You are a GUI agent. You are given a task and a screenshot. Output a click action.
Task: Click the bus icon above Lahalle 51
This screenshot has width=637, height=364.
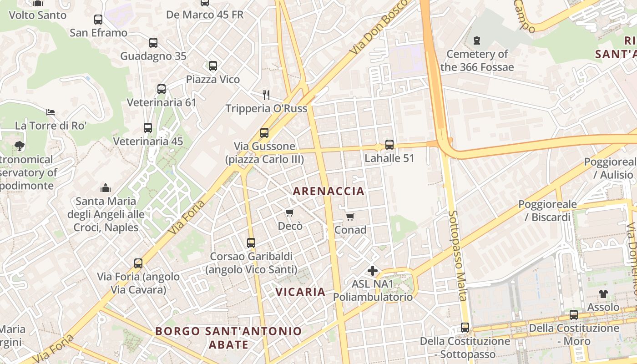point(389,145)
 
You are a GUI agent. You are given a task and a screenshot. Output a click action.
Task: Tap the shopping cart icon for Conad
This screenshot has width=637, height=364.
point(350,217)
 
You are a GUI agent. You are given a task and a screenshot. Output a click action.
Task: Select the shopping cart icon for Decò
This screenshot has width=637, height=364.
point(289,212)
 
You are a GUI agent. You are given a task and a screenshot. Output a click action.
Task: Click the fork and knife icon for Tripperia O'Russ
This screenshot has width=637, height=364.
point(266,95)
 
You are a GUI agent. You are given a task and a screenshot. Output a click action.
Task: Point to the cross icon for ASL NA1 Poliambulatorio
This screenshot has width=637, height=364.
point(373,271)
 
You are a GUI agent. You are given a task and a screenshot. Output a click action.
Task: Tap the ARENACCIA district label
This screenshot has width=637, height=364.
point(329,191)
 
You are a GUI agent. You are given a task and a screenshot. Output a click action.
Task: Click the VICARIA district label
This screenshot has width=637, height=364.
point(301,292)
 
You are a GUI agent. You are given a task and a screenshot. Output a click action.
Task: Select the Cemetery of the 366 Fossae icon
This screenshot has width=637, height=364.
point(477,40)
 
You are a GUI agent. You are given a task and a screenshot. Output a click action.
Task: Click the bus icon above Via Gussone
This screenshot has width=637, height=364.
point(264,133)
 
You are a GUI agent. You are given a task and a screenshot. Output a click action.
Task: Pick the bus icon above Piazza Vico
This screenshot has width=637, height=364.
point(213,66)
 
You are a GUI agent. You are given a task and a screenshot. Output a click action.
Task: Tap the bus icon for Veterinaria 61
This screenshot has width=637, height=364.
point(162,89)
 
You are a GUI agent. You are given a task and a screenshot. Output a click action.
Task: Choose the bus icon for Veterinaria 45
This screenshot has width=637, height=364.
point(148,128)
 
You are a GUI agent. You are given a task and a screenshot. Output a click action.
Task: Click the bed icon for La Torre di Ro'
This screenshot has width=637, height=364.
point(51,112)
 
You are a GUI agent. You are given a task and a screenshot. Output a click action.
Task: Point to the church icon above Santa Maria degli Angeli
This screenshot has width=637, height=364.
point(106,187)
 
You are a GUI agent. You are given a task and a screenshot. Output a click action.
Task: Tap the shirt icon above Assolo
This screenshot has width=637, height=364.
point(603,294)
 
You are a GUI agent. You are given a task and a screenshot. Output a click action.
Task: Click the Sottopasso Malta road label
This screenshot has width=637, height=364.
point(457,255)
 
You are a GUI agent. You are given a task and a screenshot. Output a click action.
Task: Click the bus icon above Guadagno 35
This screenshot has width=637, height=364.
point(153,43)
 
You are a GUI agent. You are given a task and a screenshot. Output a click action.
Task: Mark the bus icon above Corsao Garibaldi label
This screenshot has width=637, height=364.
point(251,243)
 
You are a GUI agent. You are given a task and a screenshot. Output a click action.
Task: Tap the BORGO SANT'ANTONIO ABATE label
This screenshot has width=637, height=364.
point(229,337)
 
